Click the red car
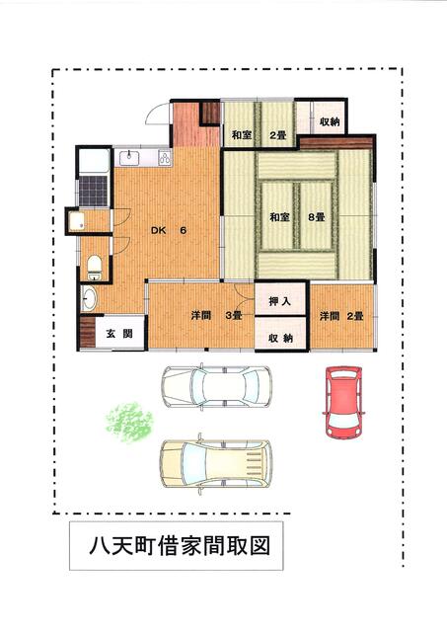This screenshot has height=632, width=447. [x=343, y=402]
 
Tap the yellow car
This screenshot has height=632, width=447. [x=216, y=464]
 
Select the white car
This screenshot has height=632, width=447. [x=216, y=387]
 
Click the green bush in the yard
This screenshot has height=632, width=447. [x=129, y=422]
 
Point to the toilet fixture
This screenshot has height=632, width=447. [x=94, y=267]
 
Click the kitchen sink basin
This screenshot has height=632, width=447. [x=128, y=158]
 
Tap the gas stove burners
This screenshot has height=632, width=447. [x=165, y=158]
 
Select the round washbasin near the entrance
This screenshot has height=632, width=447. [x=89, y=298]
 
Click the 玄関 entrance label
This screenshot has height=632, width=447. [x=119, y=334]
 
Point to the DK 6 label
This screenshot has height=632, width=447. [x=169, y=230]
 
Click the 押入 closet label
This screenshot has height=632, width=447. [x=280, y=300]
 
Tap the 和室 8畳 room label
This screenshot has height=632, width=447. [x=297, y=217]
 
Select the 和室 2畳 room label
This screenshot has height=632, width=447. [x=259, y=135]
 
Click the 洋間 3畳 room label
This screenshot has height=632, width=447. [x=217, y=315]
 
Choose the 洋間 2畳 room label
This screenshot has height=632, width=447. [x=341, y=316]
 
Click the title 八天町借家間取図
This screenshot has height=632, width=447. [x=180, y=546]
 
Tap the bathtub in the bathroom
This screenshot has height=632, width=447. [x=94, y=161]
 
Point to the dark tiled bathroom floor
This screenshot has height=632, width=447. [x=94, y=191]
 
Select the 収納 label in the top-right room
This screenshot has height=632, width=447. [x=330, y=121]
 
